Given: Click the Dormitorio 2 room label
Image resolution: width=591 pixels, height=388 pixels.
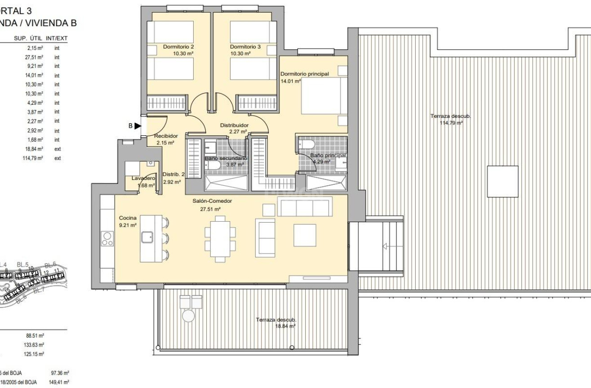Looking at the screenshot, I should pos(178,47).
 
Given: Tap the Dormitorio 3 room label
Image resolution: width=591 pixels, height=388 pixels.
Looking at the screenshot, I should pos(245,47).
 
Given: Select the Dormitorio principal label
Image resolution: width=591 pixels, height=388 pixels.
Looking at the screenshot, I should pos(304,74).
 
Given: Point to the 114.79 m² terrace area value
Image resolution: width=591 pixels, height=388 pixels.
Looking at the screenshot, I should pos(451,123).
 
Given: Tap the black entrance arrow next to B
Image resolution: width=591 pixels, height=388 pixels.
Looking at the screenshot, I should pos(138,126).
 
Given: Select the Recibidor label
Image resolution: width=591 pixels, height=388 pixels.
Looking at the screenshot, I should pos(166,136).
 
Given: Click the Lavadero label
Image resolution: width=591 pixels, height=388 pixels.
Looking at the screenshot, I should pos(140,178).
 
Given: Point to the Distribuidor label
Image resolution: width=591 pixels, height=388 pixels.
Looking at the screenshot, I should pos(234,125).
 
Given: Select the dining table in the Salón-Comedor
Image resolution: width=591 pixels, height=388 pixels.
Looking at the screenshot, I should pos(220,239).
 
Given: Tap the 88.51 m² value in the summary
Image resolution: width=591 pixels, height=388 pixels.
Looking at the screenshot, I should pos(35,335).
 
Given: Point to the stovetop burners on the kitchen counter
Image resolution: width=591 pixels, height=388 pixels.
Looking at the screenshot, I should pos(107,238).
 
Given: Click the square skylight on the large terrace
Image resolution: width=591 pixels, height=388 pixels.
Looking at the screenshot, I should pos(502,181).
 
